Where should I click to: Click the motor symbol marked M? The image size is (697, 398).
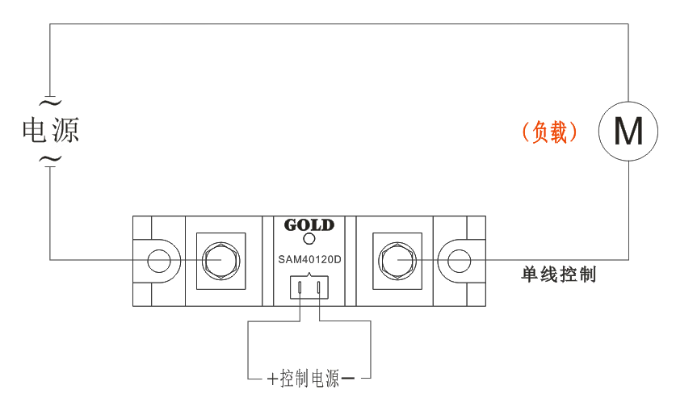tap(628, 131)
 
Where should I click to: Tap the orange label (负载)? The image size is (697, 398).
tap(549, 132)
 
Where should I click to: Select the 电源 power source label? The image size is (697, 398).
tap(50, 130)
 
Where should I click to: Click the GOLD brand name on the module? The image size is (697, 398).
tap(309, 224)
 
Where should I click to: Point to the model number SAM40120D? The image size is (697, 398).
tap(309, 259)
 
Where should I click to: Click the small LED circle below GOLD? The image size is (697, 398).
tap(309, 239)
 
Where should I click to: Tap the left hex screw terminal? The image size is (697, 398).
tap(218, 260)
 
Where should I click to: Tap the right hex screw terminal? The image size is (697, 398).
tap(397, 260)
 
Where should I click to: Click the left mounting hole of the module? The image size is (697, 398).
tap(158, 260)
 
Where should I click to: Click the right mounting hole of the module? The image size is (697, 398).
tap(459, 260)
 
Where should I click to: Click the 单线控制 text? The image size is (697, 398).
tap(559, 274)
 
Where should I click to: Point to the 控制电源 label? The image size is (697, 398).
tap(310, 379)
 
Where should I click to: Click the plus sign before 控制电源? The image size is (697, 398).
tap(272, 379)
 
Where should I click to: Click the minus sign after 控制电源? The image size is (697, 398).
tap(348, 379)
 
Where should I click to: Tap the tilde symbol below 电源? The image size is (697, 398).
tap(50, 158)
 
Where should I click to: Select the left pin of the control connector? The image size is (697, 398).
tap(300, 287)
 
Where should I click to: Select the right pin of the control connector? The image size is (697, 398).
tap(319, 287)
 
